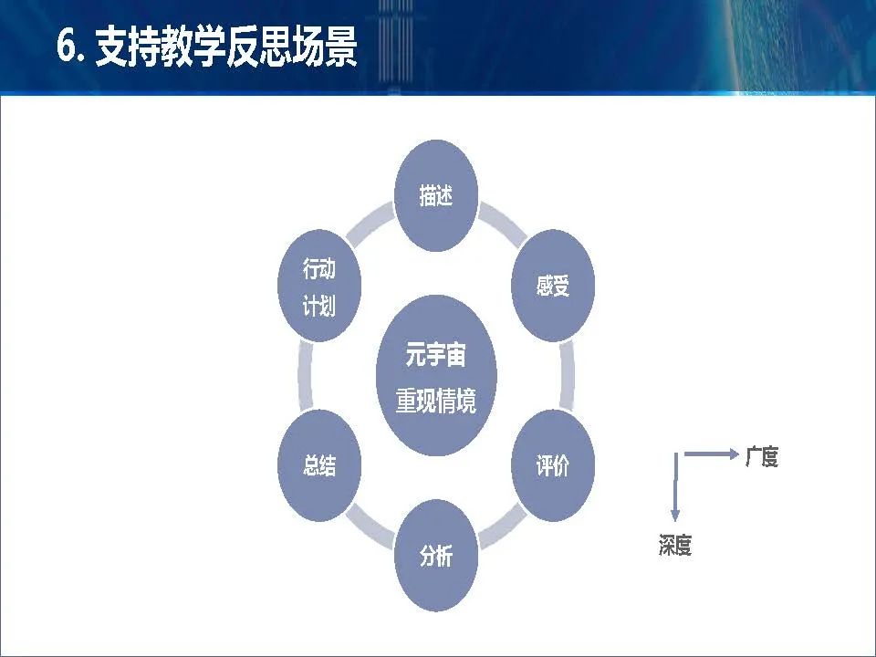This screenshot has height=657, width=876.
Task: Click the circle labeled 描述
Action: tap(436, 195)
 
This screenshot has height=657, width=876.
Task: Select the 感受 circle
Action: tap(553, 286)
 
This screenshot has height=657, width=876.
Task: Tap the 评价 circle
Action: tap(553, 465)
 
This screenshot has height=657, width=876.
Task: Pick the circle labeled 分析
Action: tap(436, 556)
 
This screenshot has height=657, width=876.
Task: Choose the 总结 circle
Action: tap(319, 465)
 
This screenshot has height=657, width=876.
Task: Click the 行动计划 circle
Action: tap(319, 286)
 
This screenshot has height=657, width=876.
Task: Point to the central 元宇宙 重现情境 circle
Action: tap(436, 375)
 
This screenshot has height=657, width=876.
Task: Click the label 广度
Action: tap(761, 457)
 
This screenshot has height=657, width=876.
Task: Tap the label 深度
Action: tap(675, 546)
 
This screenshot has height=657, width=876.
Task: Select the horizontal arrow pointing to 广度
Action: tap(712, 454)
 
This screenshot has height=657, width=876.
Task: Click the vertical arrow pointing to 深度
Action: tap(675, 487)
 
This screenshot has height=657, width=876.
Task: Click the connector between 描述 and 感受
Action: tap(502, 224)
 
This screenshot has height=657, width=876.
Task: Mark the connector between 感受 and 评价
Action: tap(567, 375)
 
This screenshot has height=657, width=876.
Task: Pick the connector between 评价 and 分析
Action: tap(502, 527)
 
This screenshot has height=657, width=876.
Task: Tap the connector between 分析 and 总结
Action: tap(370, 527)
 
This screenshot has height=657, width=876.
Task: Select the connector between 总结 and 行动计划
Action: tap(306, 375)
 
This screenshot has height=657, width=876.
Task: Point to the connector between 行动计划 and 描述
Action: tap(370, 224)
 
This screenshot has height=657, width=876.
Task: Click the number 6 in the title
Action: tap(67, 46)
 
